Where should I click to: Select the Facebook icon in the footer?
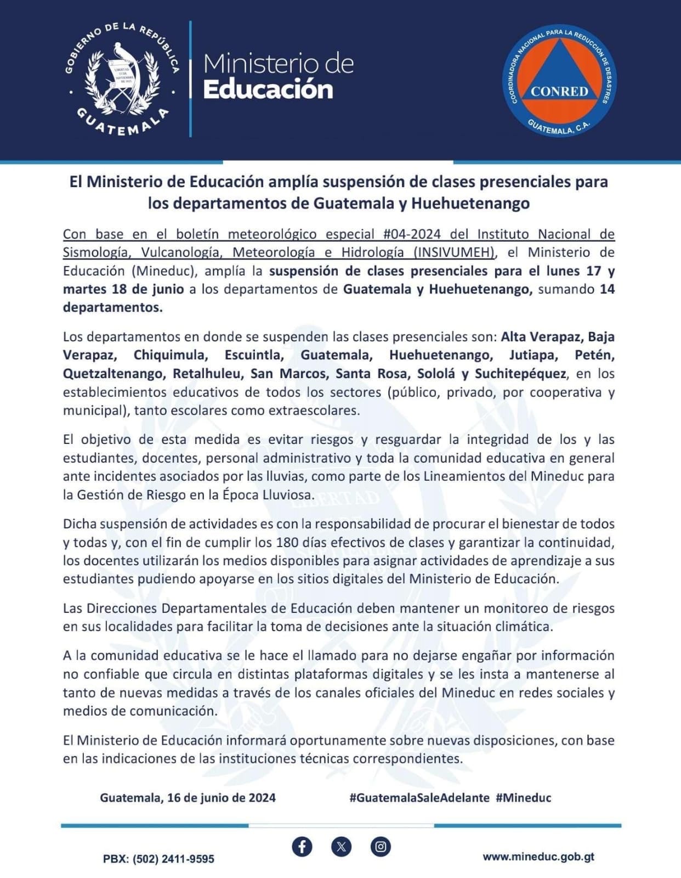coord(302,846)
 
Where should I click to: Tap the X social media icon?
coord(341,846)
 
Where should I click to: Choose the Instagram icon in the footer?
coord(380,846)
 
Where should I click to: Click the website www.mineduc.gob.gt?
coord(538,857)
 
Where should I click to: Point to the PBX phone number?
coord(158,859)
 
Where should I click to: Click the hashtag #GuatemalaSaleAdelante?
coord(419,797)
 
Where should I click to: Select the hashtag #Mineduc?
coord(523,797)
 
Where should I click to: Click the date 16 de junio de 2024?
coord(222,797)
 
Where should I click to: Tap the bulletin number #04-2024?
coord(412,234)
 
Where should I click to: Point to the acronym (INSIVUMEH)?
coord(455,252)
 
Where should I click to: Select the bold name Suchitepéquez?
coord(520,374)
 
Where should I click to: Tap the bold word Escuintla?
coord(254,355)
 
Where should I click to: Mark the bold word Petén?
coord(594,355)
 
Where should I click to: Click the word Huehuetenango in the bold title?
coord(470,203)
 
